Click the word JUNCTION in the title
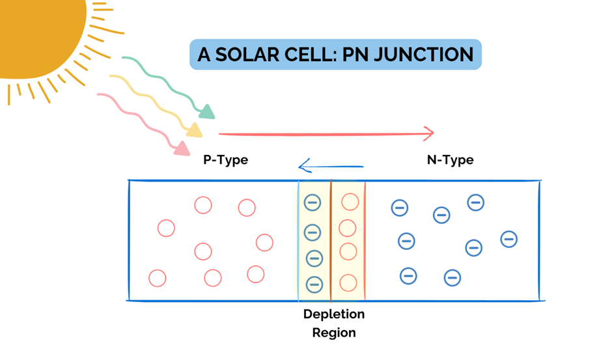[424, 55]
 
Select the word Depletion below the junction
[333, 314]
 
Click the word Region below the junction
[333, 333]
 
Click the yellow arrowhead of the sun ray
[195, 130]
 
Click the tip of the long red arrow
[432, 133]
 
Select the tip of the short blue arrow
[300, 168]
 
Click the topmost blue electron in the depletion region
[313, 202]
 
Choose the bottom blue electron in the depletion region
[314, 284]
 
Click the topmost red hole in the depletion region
[350, 202]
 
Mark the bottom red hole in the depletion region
[349, 283]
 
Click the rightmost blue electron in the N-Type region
[508, 239]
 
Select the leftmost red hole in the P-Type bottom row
[158, 278]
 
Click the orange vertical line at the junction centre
[331, 241]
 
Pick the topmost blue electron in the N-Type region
[475, 202]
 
